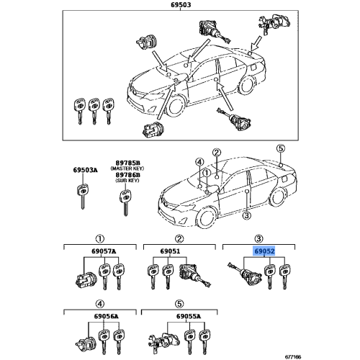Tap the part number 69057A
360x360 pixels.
click(x=99, y=252)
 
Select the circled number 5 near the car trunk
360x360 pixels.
click(x=282, y=149)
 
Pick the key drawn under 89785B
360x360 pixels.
click(x=127, y=202)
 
